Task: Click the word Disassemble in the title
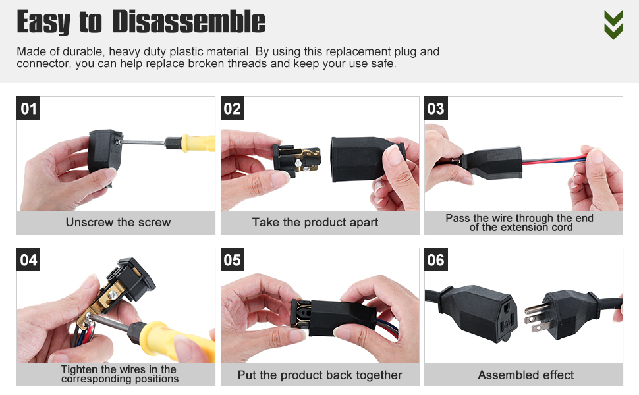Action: [x=188, y=22]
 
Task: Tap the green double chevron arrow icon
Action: [x=613, y=25]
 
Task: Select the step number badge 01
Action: [x=28, y=109]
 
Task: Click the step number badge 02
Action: [x=233, y=109]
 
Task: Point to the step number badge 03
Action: [x=436, y=109]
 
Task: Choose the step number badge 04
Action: [x=28, y=260]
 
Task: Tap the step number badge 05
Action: [x=233, y=260]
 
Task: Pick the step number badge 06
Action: [x=436, y=260]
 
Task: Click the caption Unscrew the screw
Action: [x=118, y=223]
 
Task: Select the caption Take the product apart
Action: [x=315, y=223]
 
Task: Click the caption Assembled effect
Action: [x=526, y=375]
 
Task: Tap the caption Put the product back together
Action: [x=320, y=375]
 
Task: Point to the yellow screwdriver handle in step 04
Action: [x=179, y=341]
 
